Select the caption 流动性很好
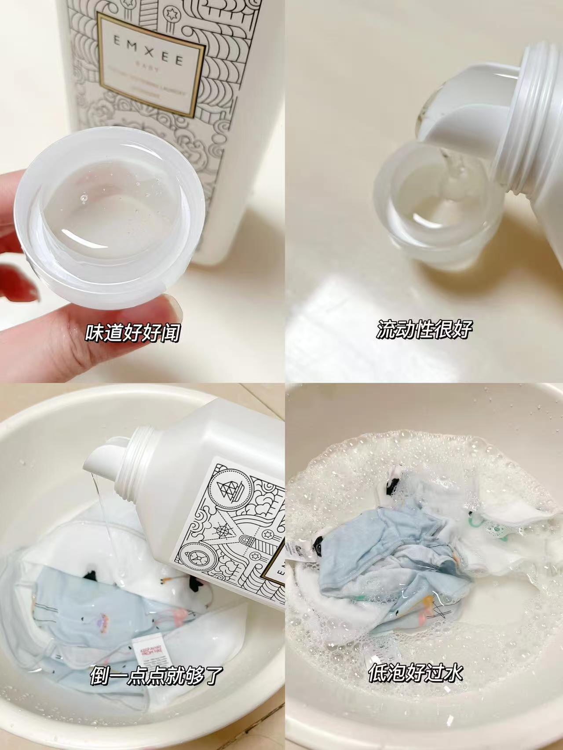pos(424,329)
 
